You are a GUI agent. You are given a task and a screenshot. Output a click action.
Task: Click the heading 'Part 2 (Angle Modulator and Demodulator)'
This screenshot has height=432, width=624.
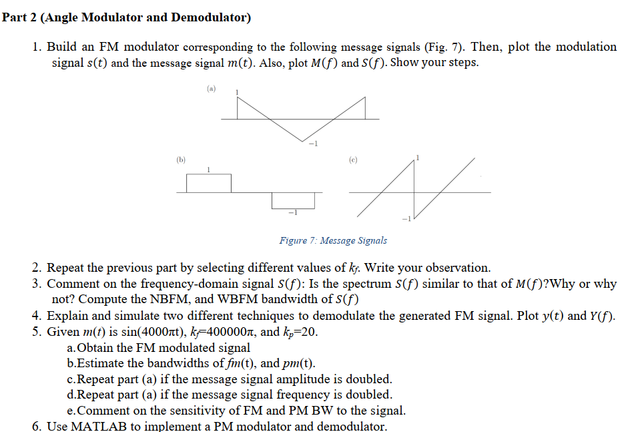[127, 17]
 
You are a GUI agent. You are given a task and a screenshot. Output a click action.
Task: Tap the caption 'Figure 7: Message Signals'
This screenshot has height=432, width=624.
[333, 240]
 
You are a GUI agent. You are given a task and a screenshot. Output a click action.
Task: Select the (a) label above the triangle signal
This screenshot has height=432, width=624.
[211, 88]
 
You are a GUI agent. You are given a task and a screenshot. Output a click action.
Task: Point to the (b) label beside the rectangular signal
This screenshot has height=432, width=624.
[181, 160]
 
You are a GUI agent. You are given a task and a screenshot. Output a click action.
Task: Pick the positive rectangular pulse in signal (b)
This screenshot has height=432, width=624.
[209, 183]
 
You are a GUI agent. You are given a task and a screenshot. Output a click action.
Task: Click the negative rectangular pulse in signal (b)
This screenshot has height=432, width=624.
[293, 200]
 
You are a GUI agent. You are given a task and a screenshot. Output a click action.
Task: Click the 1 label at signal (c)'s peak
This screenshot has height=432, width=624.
[418, 158]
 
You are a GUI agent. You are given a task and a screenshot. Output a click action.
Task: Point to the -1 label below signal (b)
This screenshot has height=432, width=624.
[292, 212]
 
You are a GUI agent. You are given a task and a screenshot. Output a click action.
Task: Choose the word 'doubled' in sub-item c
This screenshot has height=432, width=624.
[370, 379]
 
